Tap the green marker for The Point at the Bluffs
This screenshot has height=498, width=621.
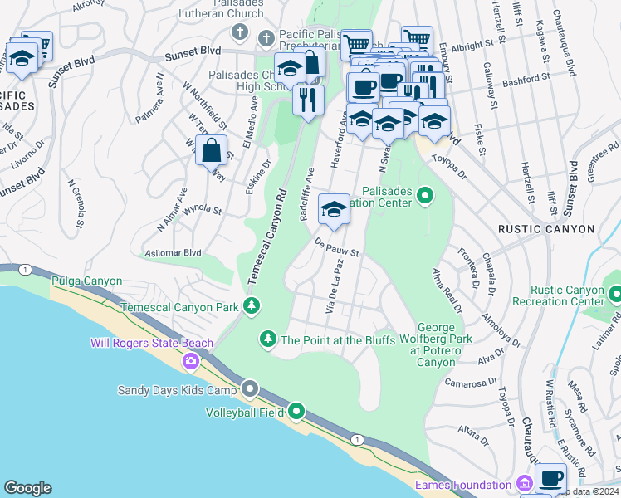267,339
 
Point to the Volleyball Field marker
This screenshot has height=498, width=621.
296,410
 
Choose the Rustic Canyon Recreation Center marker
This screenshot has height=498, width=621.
614,295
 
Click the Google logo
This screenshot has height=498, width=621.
28,488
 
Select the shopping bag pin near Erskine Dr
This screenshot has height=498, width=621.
212,151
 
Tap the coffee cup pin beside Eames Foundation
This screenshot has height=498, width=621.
551,479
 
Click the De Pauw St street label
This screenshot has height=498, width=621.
335,247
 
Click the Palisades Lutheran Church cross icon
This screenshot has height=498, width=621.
239,33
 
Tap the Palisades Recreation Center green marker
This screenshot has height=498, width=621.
425,196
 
